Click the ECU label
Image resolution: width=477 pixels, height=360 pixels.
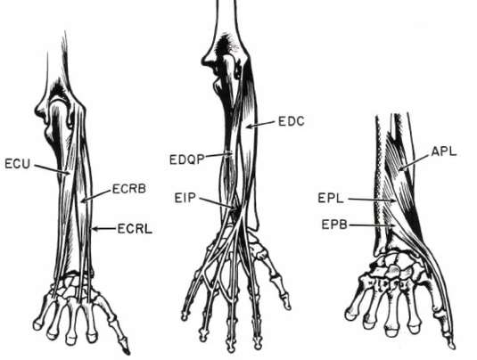click(x=17, y=164)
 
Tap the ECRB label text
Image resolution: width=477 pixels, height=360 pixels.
click(x=129, y=189)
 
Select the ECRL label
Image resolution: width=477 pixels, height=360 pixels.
click(x=135, y=229)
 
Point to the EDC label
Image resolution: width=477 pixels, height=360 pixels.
click(x=292, y=121)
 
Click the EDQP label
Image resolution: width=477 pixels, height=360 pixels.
click(x=186, y=160)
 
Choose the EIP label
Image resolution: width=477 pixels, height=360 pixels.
click(x=185, y=198)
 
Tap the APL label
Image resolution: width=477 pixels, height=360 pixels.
click(x=444, y=151)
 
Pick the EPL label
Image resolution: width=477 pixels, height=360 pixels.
click(x=331, y=199)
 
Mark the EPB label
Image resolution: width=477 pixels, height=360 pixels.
click(x=334, y=225)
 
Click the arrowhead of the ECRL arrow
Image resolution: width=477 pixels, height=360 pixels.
click(x=95, y=229)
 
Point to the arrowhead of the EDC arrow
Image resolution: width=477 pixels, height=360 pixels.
click(x=249, y=127)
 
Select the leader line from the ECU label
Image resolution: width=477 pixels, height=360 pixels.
click(x=52, y=169)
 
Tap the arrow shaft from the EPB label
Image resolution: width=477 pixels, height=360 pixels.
click(x=372, y=225)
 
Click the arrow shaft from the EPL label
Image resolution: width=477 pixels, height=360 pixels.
click(x=372, y=200)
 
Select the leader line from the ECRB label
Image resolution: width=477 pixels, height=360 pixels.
click(x=95, y=195)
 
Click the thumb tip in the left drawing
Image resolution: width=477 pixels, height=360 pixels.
click(x=127, y=352)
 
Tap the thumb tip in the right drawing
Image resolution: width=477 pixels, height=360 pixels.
click(x=452, y=346)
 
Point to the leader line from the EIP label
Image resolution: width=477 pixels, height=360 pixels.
click(x=218, y=203)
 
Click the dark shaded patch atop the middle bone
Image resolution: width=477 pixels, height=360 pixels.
click(x=226, y=45)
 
